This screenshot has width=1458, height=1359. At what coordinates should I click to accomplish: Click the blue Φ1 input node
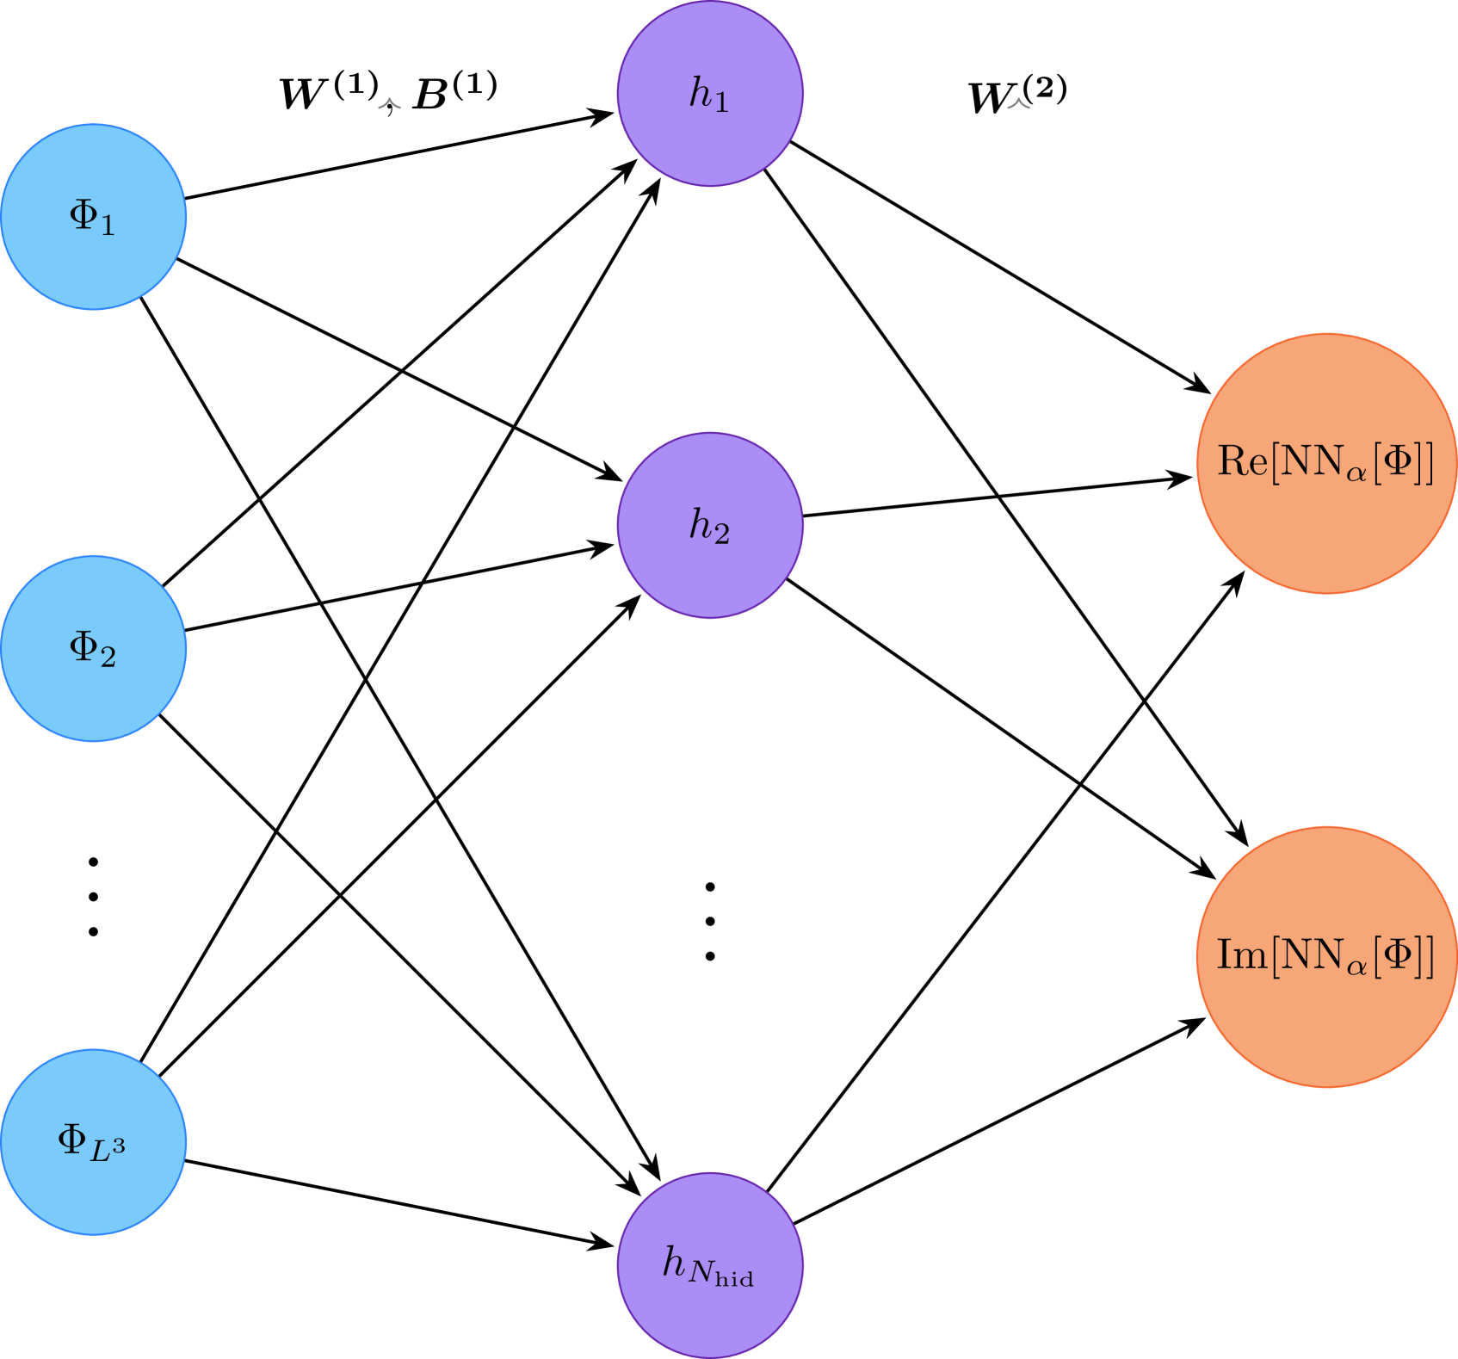click(93, 217)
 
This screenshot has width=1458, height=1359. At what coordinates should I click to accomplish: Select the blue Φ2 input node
click(93, 648)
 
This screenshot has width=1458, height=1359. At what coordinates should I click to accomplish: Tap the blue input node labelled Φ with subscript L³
click(93, 1141)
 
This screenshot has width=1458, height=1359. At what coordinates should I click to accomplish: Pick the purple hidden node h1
click(710, 93)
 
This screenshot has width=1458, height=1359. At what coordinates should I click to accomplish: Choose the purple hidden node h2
click(710, 525)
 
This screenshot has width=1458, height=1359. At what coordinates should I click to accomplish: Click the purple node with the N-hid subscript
click(710, 1265)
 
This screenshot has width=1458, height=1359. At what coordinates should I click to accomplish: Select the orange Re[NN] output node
click(1326, 463)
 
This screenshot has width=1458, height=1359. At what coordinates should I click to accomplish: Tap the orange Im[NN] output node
click(1326, 956)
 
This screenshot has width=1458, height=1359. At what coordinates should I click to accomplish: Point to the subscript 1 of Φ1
click(107, 226)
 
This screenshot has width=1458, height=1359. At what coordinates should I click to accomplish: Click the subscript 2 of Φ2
click(108, 658)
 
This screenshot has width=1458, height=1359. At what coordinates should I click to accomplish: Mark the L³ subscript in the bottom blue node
click(108, 1150)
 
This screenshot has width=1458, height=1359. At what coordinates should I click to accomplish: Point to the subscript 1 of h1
click(721, 103)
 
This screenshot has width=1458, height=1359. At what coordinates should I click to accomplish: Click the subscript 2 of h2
click(721, 535)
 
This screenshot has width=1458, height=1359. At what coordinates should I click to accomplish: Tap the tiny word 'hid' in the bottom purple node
click(734, 1280)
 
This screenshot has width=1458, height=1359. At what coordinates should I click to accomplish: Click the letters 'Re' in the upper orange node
click(1242, 461)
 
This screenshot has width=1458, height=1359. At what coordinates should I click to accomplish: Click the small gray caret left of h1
click(390, 104)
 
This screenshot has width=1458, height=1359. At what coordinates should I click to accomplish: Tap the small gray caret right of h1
click(1018, 104)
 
